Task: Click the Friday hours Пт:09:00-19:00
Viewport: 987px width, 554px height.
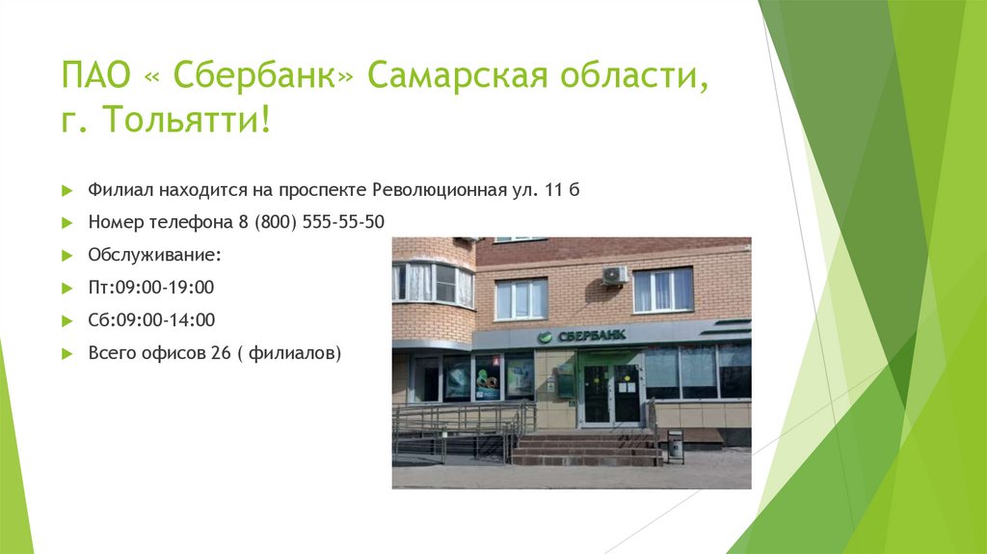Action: tap(151, 288)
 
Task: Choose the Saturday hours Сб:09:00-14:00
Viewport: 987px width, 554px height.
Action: tap(151, 319)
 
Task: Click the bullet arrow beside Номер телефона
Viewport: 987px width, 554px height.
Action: tap(67, 223)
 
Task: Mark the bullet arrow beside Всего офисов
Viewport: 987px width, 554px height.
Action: tap(67, 353)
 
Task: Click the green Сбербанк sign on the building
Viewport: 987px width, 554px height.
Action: tap(581, 335)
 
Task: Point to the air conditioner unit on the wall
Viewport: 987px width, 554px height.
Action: tap(614, 275)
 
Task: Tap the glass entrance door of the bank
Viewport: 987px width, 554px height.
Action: tap(611, 394)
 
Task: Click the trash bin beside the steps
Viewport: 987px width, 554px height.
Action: tap(676, 444)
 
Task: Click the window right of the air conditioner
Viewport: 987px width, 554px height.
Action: tap(663, 290)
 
